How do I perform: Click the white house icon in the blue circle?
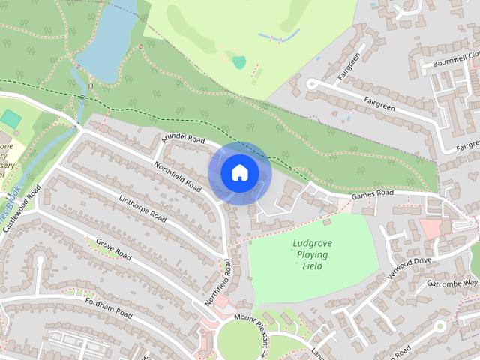[x=240, y=173]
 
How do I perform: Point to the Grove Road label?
[x=114, y=252]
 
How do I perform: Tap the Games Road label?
[x=373, y=194]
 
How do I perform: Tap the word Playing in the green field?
[x=313, y=255]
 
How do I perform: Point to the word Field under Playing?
[x=313, y=266]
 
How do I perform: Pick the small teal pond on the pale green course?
[x=238, y=62]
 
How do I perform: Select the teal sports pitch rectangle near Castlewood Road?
[x=10, y=118]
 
